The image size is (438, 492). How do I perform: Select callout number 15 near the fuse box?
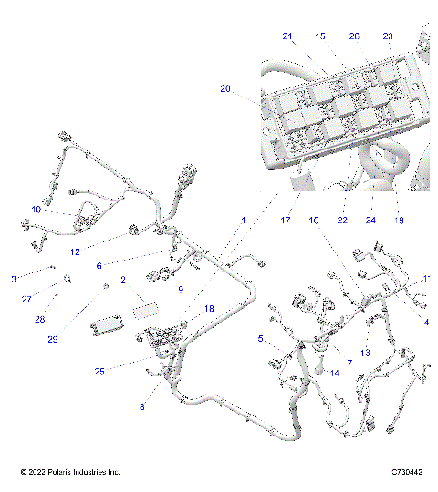pyautogui.click(x=319, y=36)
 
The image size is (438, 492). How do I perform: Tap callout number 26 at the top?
pyautogui.click(x=354, y=36)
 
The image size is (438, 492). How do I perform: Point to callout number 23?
pyautogui.click(x=388, y=36)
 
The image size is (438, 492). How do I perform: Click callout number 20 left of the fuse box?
pyautogui.click(x=225, y=88)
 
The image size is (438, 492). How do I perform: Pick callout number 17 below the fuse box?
pyautogui.click(x=285, y=220)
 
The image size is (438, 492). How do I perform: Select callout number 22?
pyautogui.click(x=342, y=220)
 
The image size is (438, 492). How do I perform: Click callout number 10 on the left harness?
pyautogui.click(x=36, y=210)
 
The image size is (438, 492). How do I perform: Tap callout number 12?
pyautogui.click(x=76, y=251)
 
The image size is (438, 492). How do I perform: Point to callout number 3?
pyautogui.click(x=14, y=278)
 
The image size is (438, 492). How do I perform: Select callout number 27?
pyautogui.click(x=26, y=299)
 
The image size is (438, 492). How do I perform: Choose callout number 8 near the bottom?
pyautogui.click(x=141, y=407)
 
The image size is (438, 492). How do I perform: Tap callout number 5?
pyautogui.click(x=261, y=339)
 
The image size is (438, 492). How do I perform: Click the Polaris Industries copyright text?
pyautogui.click(x=70, y=472)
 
